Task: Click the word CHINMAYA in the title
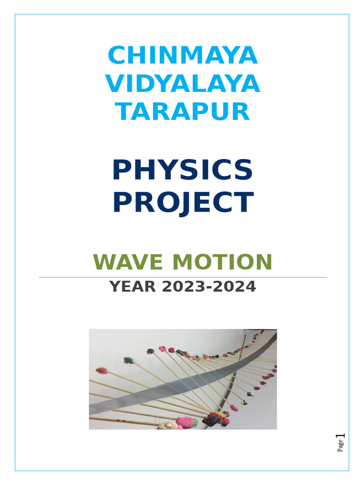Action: pyautogui.click(x=182, y=56)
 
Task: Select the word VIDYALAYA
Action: pyautogui.click(x=182, y=84)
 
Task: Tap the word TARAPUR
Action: pyautogui.click(x=182, y=112)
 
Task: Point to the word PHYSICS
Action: pyautogui.click(x=182, y=170)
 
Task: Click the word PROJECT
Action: pyautogui.click(x=182, y=202)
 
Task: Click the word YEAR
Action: pyautogui.click(x=129, y=287)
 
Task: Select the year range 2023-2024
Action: pyautogui.click(x=205, y=287)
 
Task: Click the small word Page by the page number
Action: pyautogui.click(x=340, y=447)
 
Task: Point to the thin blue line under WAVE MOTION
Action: pyautogui.click(x=182, y=277)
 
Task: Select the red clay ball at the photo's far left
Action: pyautogui.click(x=101, y=370)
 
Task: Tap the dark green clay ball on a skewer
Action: pyautogui.click(x=128, y=360)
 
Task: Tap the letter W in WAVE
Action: pyautogui.click(x=103, y=262)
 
